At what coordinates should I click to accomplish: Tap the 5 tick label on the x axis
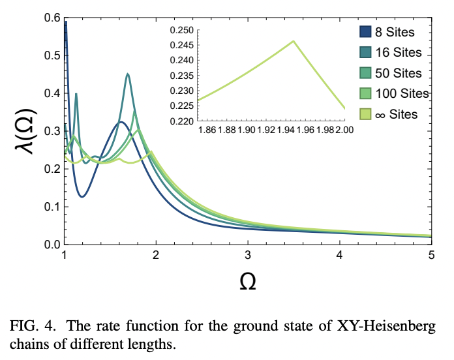click(x=431, y=254)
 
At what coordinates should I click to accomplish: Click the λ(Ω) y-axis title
click(x=24, y=132)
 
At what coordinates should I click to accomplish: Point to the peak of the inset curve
click(x=294, y=41)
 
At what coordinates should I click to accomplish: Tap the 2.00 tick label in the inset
click(x=344, y=130)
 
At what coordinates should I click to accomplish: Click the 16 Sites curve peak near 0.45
click(x=128, y=74)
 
